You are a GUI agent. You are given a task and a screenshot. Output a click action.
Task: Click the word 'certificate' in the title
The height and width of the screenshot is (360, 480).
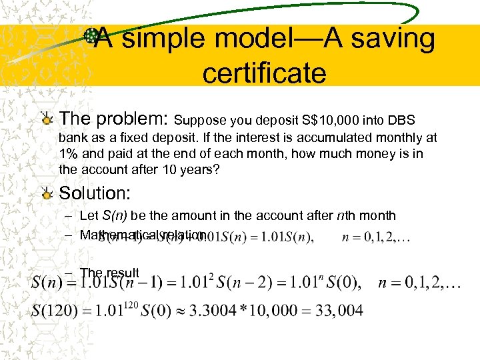pyautogui.click(x=264, y=73)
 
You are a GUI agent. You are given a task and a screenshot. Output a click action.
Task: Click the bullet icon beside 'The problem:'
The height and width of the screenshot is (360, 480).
pyautogui.click(x=46, y=120)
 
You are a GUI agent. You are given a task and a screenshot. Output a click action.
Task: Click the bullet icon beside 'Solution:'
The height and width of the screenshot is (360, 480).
pyautogui.click(x=46, y=194)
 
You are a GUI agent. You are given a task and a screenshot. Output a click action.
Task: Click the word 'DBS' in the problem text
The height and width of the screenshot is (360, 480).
pyautogui.click(x=401, y=121)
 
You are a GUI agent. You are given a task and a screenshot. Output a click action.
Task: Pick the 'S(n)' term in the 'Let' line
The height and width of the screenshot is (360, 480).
pyautogui.click(x=115, y=216)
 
